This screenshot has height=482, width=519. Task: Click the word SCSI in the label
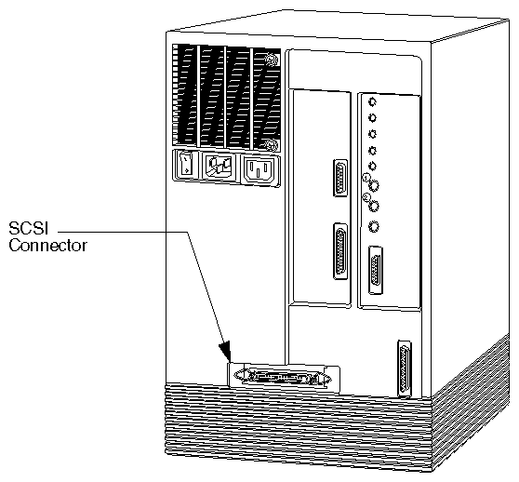point(29,228)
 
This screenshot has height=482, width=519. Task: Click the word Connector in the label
point(47,246)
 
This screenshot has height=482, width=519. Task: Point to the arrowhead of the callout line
point(225,352)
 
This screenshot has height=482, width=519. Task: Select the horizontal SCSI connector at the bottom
point(283,377)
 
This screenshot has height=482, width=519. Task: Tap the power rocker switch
point(186,164)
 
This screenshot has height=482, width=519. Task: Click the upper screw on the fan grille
point(271,60)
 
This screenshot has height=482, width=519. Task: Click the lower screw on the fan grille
point(271,145)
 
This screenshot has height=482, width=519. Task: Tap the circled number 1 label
point(366,178)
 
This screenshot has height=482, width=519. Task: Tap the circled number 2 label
point(366,197)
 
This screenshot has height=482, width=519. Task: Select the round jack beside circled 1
point(374,186)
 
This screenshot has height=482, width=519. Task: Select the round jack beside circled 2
point(374,206)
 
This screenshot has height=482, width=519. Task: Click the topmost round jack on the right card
point(373,102)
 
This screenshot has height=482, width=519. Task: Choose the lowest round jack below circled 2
point(374,227)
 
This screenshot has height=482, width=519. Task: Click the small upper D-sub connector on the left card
point(340,178)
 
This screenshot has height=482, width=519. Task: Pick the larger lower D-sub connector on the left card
point(340,251)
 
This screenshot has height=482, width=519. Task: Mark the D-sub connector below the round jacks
point(377,270)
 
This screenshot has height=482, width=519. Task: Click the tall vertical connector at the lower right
point(405,368)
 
